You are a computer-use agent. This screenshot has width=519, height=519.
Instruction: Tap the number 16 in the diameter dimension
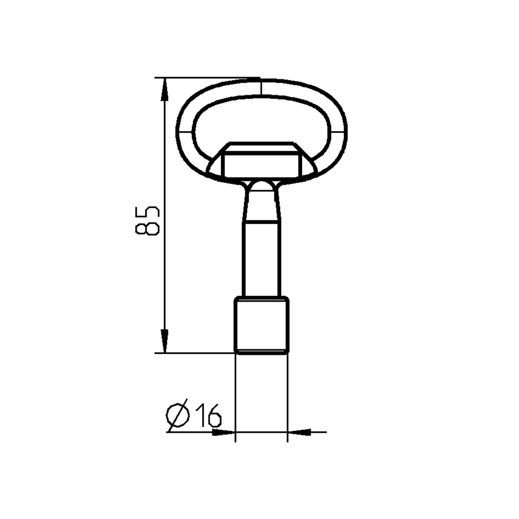pos(208,415)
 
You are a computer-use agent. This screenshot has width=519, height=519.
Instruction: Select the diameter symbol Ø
pos(178,415)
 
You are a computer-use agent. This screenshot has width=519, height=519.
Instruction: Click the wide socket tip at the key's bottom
pos(261,325)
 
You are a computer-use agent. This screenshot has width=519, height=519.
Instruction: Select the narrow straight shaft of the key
pos(261,259)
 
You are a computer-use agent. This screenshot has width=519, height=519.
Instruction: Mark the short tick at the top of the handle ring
pos(261,87)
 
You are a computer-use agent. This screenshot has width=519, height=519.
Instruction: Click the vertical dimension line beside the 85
pos(164,280)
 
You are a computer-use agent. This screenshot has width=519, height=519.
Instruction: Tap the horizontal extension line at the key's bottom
pos(197,353)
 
